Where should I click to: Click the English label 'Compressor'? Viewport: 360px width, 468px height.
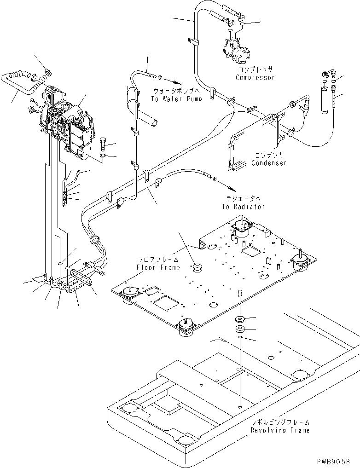tap(255, 77)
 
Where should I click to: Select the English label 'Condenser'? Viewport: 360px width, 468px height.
tap(269, 163)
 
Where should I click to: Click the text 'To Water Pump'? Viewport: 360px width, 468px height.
tap(176, 99)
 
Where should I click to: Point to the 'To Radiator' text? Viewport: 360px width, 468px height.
tap(244, 207)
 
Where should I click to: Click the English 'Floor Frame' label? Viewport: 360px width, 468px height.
tap(157, 267)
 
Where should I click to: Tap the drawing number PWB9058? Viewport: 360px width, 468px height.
tap(338, 461)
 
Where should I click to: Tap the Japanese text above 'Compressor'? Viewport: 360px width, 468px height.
tap(255, 70)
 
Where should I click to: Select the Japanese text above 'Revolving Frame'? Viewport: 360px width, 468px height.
tap(280, 422)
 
